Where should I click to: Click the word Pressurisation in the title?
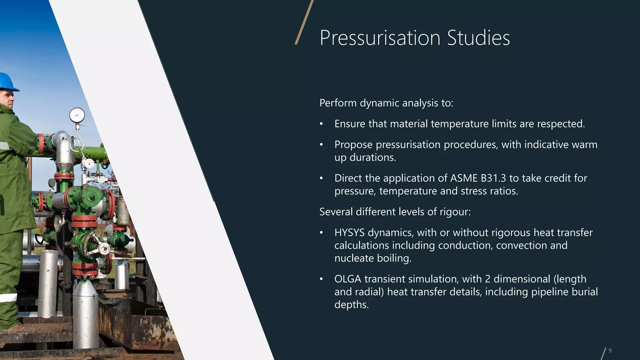[380, 38]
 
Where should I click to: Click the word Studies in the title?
[478, 38]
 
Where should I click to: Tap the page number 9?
[610, 351]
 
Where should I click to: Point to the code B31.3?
[493, 178]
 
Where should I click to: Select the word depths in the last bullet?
[351, 304]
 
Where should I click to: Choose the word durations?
[372, 157]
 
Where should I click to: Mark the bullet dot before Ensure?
[321, 124]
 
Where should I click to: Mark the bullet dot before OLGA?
[321, 279]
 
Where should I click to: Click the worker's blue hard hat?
[7, 81]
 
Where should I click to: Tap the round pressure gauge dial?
[77, 115]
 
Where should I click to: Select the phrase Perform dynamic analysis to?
[386, 103]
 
